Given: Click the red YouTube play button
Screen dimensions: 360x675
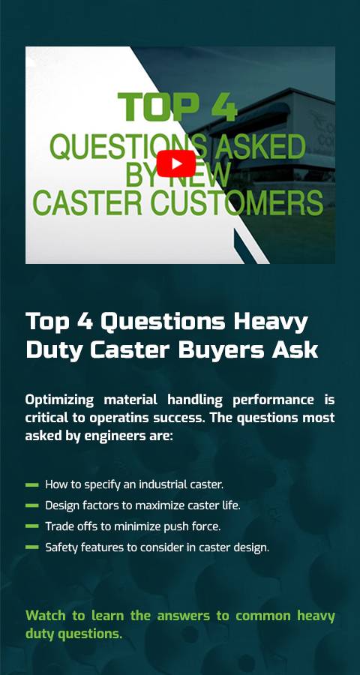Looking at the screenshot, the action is click(175, 163).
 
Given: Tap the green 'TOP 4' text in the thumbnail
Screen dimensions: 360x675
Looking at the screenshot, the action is click(178, 107).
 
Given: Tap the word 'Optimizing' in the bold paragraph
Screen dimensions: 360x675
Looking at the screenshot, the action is click(59, 400).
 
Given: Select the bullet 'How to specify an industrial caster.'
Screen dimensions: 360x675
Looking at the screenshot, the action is click(134, 484).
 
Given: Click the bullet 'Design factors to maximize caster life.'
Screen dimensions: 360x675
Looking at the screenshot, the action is click(142, 505).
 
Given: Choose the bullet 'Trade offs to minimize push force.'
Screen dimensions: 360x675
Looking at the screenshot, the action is click(133, 526).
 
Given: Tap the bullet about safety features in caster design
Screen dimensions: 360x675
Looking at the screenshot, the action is click(157, 547).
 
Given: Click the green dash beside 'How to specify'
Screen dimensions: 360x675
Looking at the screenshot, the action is click(31, 484).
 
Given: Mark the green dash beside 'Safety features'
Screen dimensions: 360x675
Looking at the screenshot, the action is click(31, 547).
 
